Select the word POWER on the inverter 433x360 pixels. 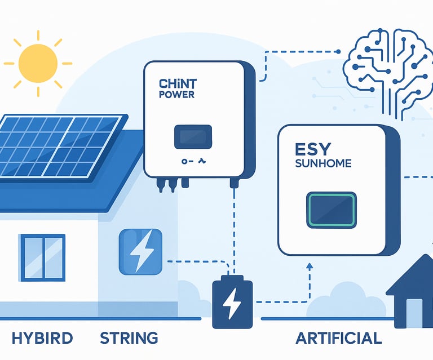pos(176,95)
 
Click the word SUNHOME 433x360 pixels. pos(323,164)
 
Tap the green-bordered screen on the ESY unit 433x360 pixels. pos(331,210)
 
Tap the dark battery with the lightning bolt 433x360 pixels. pos(232,302)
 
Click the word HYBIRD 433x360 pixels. pos(42,338)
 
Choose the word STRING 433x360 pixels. pos(129,338)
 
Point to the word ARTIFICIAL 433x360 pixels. pos(338,338)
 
